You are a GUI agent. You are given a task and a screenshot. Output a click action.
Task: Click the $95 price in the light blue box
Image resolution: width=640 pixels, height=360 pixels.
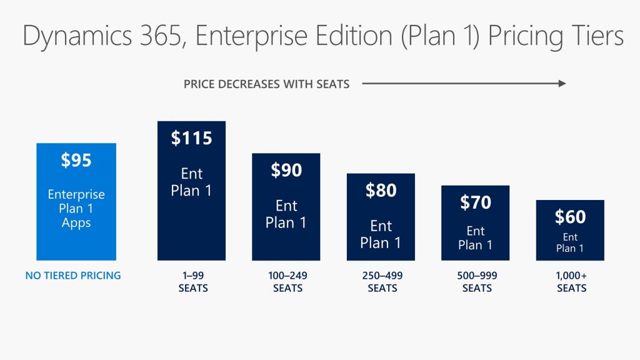pyautogui.click(x=76, y=161)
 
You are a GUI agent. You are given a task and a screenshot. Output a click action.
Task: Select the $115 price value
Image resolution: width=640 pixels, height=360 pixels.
pyautogui.click(x=191, y=138)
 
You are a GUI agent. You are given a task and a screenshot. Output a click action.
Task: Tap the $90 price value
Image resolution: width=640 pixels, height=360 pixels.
pyautogui.click(x=286, y=170)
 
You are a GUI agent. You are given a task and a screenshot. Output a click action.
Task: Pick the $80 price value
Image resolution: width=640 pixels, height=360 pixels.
pyautogui.click(x=381, y=190)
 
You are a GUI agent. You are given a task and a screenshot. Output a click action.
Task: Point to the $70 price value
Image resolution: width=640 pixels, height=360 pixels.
pyautogui.click(x=475, y=202)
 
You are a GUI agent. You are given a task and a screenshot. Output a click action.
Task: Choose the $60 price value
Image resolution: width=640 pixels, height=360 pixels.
pyautogui.click(x=570, y=217)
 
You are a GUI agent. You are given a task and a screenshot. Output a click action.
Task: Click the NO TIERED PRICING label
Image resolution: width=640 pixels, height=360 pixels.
pyautogui.click(x=73, y=276)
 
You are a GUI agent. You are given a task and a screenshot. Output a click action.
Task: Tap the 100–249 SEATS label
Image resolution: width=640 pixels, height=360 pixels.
pyautogui.click(x=287, y=282)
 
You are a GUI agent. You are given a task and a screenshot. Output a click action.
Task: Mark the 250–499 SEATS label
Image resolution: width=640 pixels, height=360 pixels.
pyautogui.click(x=382, y=282)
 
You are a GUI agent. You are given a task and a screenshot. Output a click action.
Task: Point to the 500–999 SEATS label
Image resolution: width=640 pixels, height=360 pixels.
pyautogui.click(x=476, y=282)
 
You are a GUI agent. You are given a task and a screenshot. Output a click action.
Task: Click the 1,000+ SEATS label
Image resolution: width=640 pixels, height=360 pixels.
pyautogui.click(x=571, y=282)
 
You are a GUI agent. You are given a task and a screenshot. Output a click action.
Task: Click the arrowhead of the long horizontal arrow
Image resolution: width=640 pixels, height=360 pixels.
pyautogui.click(x=562, y=83)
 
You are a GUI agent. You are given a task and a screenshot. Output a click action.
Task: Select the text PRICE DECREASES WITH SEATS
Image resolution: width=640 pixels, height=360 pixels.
pyautogui.click(x=266, y=84)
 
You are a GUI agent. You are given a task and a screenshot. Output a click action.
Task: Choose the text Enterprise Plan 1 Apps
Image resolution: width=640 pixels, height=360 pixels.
pyautogui.click(x=76, y=208)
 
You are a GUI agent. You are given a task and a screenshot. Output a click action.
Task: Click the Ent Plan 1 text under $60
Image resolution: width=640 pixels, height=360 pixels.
pyautogui.click(x=570, y=242)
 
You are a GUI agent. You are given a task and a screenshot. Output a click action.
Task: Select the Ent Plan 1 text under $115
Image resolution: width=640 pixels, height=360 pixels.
pyautogui.click(x=191, y=182)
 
